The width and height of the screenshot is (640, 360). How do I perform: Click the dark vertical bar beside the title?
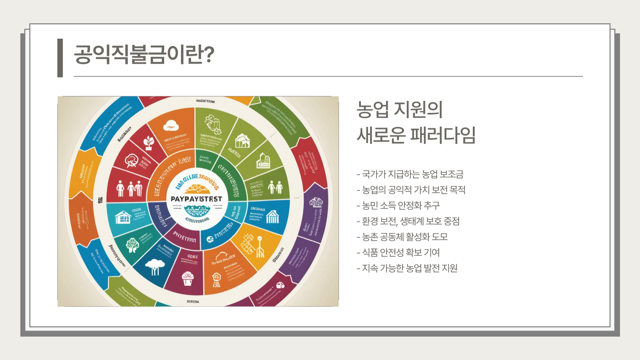[60, 58]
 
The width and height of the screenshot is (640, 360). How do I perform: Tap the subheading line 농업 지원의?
[399, 109]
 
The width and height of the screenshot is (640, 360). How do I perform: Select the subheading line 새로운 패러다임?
[416, 135]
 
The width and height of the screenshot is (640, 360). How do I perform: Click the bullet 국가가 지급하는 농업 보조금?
[410, 174]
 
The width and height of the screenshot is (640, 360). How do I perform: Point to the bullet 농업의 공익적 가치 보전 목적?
[411, 190]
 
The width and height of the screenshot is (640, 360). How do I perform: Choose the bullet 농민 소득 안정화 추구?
[398, 206]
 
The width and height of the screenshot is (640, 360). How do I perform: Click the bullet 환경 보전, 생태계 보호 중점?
[408, 221]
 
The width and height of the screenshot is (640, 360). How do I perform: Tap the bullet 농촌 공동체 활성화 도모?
[402, 237]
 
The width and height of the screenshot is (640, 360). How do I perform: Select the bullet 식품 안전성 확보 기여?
[398, 253]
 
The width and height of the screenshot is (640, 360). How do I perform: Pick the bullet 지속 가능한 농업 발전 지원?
[407, 268]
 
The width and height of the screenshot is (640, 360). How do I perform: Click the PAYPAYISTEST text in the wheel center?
[196, 199]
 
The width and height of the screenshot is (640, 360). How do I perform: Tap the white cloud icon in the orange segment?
[171, 126]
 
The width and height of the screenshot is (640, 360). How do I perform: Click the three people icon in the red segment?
[129, 189]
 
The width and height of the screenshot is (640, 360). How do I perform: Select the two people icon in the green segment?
[275, 187]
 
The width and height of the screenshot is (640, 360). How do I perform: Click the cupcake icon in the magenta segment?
[188, 278]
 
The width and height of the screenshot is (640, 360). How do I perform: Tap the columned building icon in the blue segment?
[272, 217]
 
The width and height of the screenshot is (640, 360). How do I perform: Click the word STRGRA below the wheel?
[193, 302]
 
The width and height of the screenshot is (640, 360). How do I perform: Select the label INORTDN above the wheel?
[205, 101]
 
